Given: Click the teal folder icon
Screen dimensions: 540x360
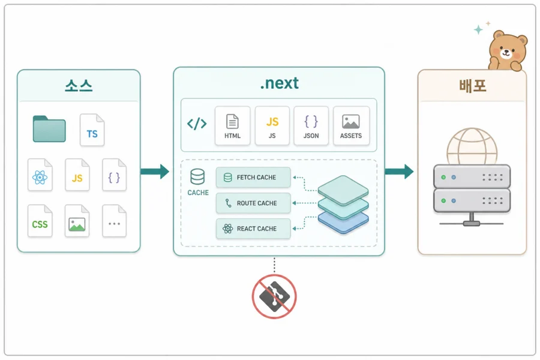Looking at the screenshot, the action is coord(49,129).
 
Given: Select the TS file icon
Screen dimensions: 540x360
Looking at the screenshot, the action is coord(92,130).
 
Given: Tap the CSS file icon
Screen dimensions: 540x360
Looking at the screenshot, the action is coord(40,221).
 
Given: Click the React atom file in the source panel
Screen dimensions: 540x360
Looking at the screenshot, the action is coord(40,175).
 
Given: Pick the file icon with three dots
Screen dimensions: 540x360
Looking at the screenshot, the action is coord(115,221).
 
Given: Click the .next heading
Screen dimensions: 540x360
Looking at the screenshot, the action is coord(279,83).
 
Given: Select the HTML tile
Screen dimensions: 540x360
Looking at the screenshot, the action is coord(232,125).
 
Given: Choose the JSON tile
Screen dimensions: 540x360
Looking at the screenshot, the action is coord(311,125).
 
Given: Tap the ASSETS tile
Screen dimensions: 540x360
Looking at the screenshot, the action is coord(351,125).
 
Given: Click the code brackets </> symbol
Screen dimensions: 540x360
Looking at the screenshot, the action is coord(197,124).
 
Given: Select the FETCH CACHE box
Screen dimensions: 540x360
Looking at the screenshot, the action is coord(253,178).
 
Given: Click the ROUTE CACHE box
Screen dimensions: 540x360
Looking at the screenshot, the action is coord(253,203).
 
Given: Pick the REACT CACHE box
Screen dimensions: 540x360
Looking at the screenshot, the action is coord(253,229).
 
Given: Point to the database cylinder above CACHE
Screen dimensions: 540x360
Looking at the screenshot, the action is coord(197,177).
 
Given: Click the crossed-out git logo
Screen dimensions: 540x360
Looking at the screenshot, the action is coord(274,296).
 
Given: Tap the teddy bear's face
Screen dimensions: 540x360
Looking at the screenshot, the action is coord(506,50).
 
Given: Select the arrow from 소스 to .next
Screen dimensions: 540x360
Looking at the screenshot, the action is coord(155,172).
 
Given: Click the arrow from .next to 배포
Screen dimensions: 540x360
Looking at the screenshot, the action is coord(399,172).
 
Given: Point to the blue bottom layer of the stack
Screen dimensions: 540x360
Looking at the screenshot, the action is coord(343,224).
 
